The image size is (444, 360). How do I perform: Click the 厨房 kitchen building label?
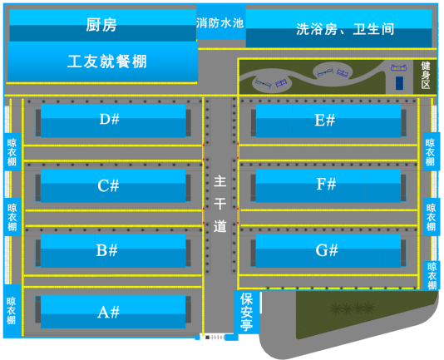(101, 25)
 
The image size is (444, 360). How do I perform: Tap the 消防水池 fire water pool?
(221, 22)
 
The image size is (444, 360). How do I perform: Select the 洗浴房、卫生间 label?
(345, 29)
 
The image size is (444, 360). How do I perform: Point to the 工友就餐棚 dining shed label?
(107, 62)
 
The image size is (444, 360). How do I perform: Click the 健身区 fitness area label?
(426, 75)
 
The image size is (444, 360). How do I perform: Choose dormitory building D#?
(113, 121)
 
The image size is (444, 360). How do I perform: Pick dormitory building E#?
(328, 121)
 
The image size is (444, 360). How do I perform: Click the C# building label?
(108, 185)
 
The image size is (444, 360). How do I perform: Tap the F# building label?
(326, 184)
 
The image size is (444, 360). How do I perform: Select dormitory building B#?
(113, 250)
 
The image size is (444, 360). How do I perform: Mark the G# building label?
(327, 250)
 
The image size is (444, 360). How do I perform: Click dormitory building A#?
(113, 312)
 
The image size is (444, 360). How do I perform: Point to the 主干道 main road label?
(220, 204)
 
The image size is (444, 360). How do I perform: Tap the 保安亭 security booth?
(247, 312)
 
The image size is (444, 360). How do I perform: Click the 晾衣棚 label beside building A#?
(12, 310)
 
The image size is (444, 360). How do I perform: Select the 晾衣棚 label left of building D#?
(12, 152)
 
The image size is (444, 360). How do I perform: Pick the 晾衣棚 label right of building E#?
(430, 152)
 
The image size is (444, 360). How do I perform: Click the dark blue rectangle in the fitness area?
(399, 83)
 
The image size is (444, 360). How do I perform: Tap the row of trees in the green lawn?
(353, 308)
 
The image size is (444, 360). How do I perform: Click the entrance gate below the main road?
(216, 338)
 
